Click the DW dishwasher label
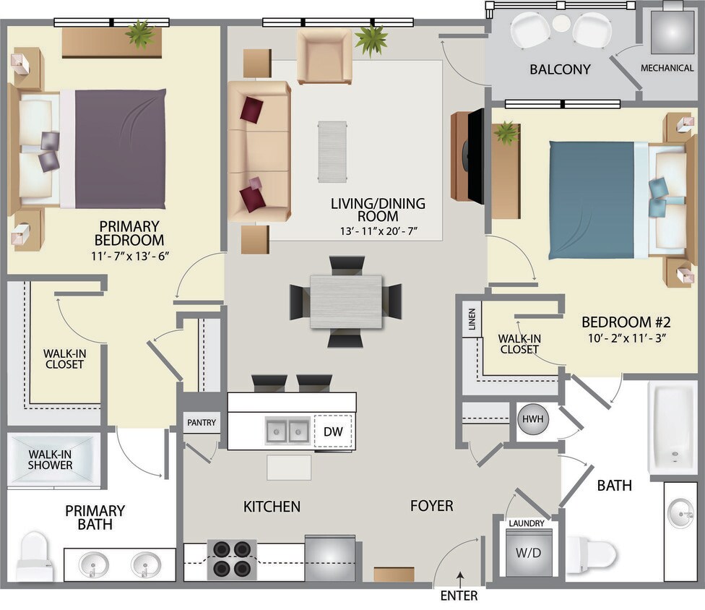[332, 431]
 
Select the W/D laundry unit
[529, 552]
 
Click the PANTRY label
[202, 423]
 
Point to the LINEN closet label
[472, 319]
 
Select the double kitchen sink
[288, 431]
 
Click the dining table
[346, 301]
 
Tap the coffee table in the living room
[332, 151]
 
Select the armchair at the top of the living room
[324, 56]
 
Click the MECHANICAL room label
[667, 68]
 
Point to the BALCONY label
[560, 70]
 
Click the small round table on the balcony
[561, 23]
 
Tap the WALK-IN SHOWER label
[51, 460]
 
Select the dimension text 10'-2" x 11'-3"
[627, 336]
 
